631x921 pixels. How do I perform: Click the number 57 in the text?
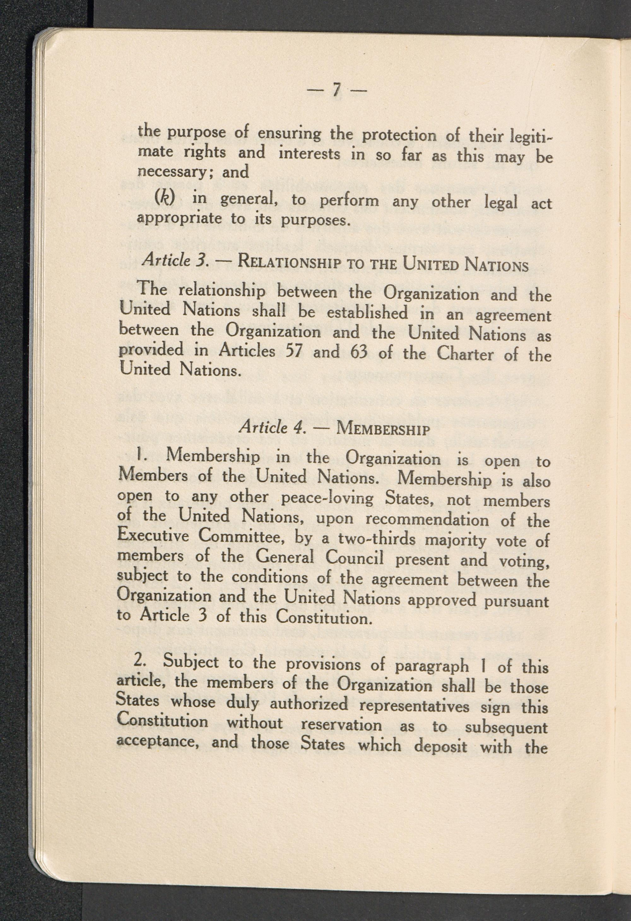pyautogui.click(x=294, y=351)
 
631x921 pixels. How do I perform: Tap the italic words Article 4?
pyautogui.click(x=273, y=427)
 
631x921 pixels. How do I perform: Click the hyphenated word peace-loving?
pyautogui.click(x=327, y=498)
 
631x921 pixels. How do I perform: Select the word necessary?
pyautogui.click(x=171, y=172)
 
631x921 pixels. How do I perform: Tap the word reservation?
pyautogui.click(x=342, y=725)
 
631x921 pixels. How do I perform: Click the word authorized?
pyautogui.click(x=309, y=704)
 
